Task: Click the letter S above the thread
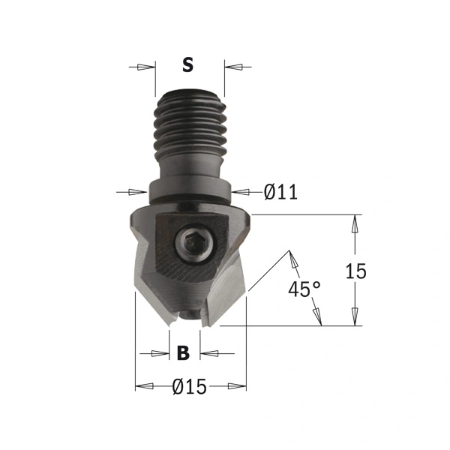point(187,66)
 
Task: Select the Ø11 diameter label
point(280,193)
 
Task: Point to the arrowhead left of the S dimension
point(145,67)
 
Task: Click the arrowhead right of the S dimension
point(235,67)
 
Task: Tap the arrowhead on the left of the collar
point(139,193)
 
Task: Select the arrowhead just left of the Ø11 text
point(240,193)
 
